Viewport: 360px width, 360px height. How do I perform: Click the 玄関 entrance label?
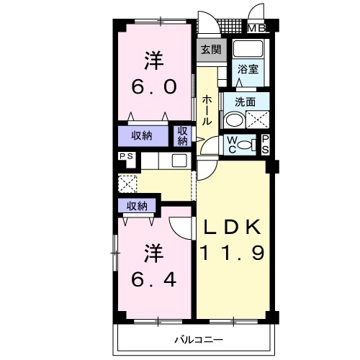(x=211, y=50)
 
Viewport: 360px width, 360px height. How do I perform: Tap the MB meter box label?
(x=256, y=29)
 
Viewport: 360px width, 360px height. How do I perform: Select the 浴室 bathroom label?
(x=248, y=69)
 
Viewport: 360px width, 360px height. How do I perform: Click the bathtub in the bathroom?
(x=248, y=49)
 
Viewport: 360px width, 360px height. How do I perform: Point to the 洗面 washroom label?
(x=245, y=102)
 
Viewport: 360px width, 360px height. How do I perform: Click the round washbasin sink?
(x=234, y=120)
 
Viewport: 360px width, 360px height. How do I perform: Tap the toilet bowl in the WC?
(x=244, y=145)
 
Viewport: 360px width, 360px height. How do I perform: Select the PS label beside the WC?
(x=265, y=145)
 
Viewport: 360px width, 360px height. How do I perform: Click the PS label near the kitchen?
(x=126, y=156)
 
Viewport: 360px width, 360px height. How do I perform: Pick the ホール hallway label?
(x=207, y=110)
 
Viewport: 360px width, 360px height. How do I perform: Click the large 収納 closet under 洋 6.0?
(x=142, y=136)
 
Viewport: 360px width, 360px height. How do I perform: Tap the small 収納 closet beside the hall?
(x=182, y=136)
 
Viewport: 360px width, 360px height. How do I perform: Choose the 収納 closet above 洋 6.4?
(x=137, y=206)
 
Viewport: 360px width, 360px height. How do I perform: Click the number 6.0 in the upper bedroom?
(x=154, y=87)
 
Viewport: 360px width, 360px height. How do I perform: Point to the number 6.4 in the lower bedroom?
(x=154, y=280)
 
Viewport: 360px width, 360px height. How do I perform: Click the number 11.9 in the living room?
(x=232, y=253)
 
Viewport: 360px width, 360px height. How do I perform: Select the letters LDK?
(x=232, y=227)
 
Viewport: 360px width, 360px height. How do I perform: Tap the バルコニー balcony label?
(x=199, y=340)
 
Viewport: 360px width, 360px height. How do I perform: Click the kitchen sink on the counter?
(x=179, y=161)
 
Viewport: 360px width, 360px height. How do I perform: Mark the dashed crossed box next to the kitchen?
(x=127, y=184)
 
